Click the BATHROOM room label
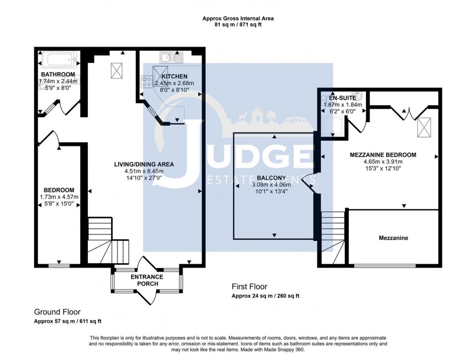[58, 75]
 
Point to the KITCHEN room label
[174, 77]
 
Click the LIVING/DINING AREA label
[144, 164]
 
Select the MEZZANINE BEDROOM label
[383, 155]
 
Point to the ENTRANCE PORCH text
[147, 280]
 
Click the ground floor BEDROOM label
[59, 190]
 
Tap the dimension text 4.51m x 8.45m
[144, 171]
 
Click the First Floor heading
[250, 287]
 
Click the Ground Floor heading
[57, 312]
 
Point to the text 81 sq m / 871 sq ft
[238, 25]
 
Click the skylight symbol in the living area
[117, 71]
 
